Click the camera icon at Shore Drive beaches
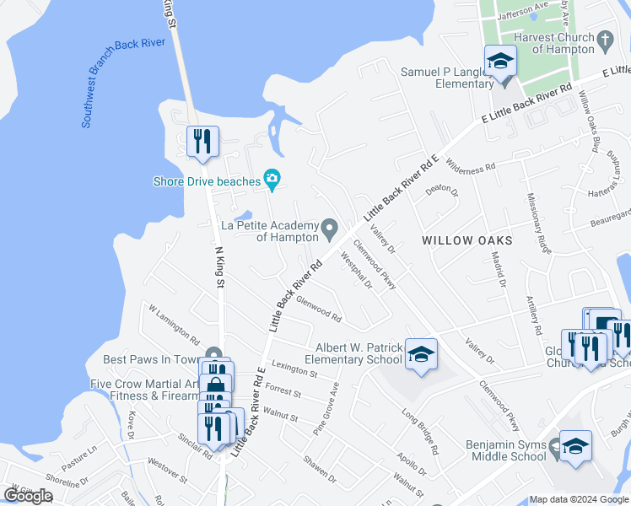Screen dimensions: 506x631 [272, 178]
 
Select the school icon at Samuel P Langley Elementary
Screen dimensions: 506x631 [499, 63]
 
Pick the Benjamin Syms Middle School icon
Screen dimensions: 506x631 [575, 447]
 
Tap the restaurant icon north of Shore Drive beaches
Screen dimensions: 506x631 [202, 142]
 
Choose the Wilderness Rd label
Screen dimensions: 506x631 [470, 165]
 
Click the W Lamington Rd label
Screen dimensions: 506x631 [174, 325]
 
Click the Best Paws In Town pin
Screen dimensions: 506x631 [214, 354]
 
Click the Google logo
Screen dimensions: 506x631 [28, 496]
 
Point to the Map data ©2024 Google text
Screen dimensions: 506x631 [579, 499]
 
